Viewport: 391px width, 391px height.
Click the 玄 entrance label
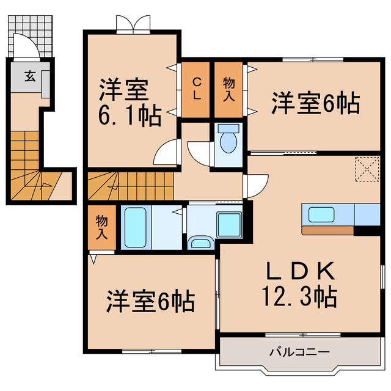pyautogui.click(x=29, y=76)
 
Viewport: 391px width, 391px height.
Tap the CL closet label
pyautogui.click(x=197, y=90)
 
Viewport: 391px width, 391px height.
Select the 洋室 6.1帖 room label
pyautogui.click(x=130, y=101)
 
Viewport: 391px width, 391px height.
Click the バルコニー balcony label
pyautogui.click(x=299, y=353)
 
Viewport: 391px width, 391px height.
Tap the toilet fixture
pyautogui.click(x=229, y=140)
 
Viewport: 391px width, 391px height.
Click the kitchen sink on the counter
pyautogui.click(x=321, y=214)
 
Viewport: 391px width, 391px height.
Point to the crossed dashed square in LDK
pyautogui.click(x=367, y=169)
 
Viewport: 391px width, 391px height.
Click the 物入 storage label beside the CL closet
pyautogui.click(x=229, y=89)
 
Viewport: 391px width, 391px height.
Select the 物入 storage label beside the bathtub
pyautogui.click(x=101, y=227)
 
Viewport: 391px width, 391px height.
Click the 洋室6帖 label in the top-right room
pyautogui.click(x=314, y=102)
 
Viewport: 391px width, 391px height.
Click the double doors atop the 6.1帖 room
pyautogui.click(x=133, y=23)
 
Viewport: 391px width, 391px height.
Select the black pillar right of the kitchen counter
pyautogui.click(x=367, y=231)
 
